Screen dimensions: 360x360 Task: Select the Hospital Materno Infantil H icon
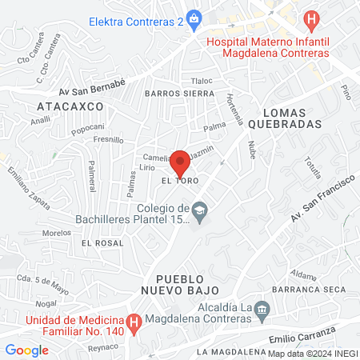(x=311, y=18)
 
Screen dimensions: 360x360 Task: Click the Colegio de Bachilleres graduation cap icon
(x=199, y=210)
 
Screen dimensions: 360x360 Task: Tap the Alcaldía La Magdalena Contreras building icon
(x=260, y=318)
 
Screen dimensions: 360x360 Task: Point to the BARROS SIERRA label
(x=176, y=94)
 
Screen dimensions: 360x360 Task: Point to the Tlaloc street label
(x=202, y=81)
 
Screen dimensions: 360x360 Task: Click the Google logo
(x=26, y=350)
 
